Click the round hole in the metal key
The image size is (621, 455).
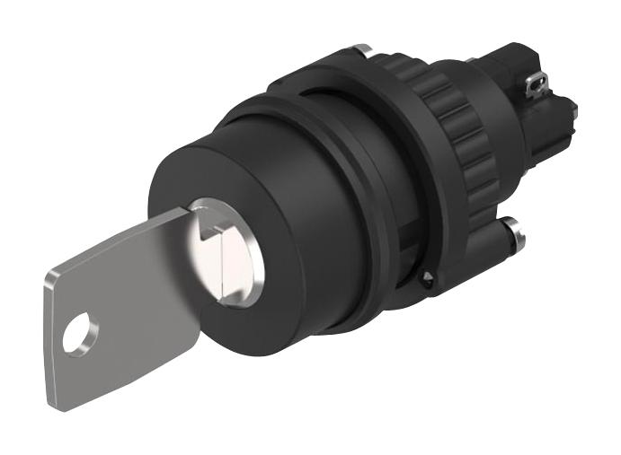pyautogui.click(x=80, y=328)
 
